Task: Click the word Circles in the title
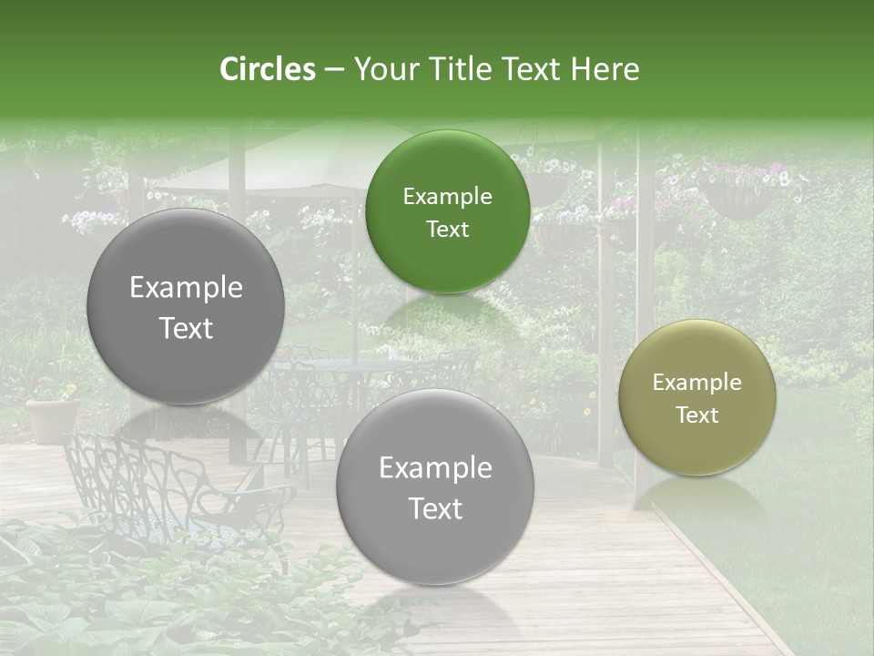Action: (x=268, y=69)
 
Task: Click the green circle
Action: (x=447, y=211)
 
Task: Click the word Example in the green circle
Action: (x=447, y=196)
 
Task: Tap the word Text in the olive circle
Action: (x=697, y=415)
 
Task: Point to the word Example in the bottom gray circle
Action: (x=435, y=467)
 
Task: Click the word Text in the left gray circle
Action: (x=186, y=328)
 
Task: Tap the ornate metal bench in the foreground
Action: (x=173, y=492)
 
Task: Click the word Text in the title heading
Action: (x=530, y=69)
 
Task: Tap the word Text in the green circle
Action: (x=447, y=229)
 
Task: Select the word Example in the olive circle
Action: (x=697, y=382)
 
